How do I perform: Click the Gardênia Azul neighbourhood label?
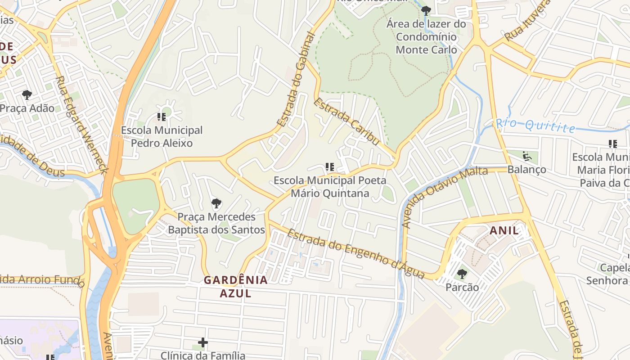[235, 287]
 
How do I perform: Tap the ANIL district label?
[504, 231]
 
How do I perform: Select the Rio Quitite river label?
[535, 125]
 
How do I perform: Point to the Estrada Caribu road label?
[346, 121]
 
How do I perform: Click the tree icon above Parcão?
[462, 274]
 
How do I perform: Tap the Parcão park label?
[462, 287]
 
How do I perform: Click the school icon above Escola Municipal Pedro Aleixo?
[162, 117]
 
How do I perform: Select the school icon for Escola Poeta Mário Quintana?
[330, 167]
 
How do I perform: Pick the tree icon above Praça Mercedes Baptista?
[216, 203]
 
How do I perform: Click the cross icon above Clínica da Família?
[203, 343]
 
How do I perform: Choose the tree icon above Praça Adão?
[27, 95]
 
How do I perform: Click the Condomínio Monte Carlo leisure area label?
[426, 36]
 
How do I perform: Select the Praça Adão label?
[27, 108]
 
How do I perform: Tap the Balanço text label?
[526, 170]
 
